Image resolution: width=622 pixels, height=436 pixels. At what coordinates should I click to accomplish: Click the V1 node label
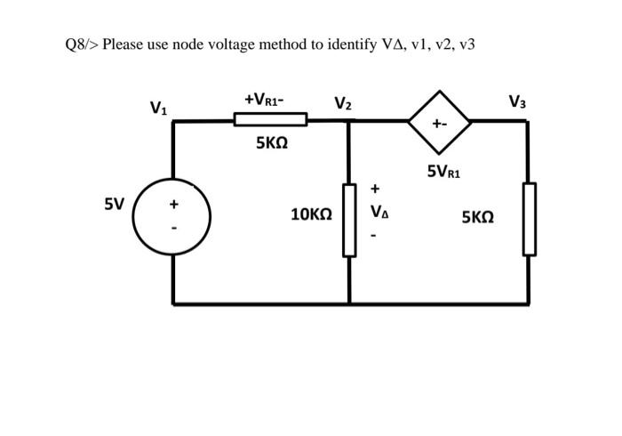158,109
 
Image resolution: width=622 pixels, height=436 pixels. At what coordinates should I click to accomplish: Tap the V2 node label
343,104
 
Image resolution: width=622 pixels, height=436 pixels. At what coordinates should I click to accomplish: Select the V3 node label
517,101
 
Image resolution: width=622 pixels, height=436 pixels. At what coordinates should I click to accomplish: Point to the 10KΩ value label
311,214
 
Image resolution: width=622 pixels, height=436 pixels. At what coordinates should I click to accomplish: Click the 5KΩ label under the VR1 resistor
271,142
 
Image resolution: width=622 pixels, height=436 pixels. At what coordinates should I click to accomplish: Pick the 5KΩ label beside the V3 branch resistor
477,216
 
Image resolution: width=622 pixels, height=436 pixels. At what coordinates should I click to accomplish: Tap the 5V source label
114,204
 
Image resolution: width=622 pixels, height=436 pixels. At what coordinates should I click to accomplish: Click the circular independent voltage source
172,217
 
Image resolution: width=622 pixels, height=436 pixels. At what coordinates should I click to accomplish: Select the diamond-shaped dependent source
439,122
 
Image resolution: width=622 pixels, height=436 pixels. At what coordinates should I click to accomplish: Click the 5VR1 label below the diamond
443,171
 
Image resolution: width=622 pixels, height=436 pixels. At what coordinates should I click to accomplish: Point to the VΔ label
379,213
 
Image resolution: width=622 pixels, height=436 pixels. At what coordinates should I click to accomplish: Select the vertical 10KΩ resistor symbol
349,220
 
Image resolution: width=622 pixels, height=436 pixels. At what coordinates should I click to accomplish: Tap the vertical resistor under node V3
529,219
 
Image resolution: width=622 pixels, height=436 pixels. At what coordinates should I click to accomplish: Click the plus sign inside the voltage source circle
174,205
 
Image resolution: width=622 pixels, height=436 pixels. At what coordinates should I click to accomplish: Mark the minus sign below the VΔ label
374,236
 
